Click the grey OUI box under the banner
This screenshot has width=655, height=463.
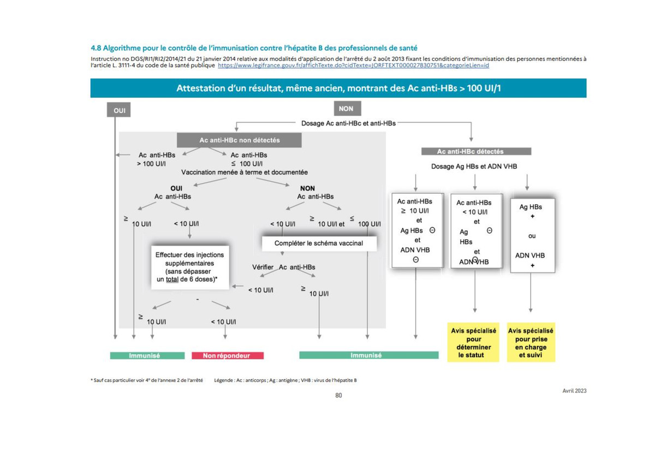[119, 110]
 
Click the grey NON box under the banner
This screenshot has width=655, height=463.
[347, 109]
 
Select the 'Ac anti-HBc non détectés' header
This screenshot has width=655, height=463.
[239, 140]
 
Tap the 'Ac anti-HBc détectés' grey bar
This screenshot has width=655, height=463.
[476, 151]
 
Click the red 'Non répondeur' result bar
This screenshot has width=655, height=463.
[228, 355]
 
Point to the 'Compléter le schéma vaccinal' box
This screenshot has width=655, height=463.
[319, 244]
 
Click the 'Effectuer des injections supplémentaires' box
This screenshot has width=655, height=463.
[190, 267]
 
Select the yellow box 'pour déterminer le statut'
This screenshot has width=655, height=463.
[473, 342]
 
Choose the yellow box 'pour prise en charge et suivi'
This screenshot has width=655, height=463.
[531, 342]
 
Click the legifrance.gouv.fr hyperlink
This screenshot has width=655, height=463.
[353, 65]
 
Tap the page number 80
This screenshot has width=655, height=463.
[338, 395]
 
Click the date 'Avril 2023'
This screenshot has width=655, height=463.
[574, 391]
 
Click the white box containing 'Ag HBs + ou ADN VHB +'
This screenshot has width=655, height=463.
[533, 235]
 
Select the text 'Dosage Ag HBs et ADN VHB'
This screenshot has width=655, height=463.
[474, 167]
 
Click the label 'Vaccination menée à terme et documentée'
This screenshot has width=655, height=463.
[244, 173]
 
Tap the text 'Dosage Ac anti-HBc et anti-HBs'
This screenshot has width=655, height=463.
[348, 123]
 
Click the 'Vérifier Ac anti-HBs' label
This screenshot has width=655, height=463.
[284, 267]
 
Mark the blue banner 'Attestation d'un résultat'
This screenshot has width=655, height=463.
[338, 88]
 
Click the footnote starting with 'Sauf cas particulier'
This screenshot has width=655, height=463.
[146, 380]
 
